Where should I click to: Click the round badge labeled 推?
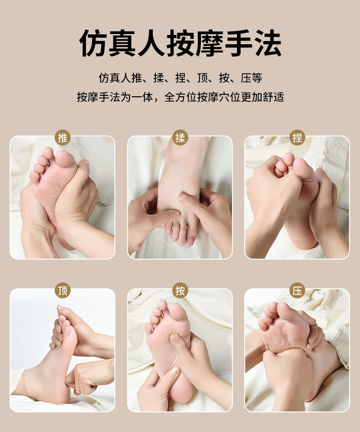pyautogui.click(x=62, y=137)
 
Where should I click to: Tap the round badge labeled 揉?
pyautogui.click(x=180, y=137)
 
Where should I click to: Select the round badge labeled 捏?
pyautogui.click(x=297, y=137)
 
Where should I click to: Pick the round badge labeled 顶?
pyautogui.click(x=62, y=291)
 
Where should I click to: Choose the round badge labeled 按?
pyautogui.click(x=180, y=291)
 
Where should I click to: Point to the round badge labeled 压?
pyautogui.click(x=297, y=291)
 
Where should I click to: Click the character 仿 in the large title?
pyautogui.click(x=93, y=43)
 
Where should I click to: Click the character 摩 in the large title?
pyautogui.click(x=210, y=43)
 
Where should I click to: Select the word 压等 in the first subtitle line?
pyautogui.click(x=252, y=78)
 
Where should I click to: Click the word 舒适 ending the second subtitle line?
pyautogui.click(x=273, y=97)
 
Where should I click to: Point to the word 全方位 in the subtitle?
pyautogui.click(x=180, y=97)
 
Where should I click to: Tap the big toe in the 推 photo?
pyautogui.click(x=65, y=159)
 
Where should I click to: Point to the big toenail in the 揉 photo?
pyautogui.click(x=190, y=242)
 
